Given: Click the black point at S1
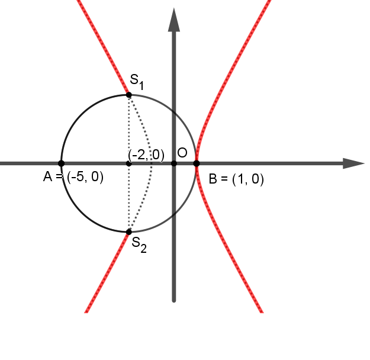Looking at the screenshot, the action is [128, 95].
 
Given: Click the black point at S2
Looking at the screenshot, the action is [128, 232].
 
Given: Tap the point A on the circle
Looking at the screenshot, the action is [61, 163].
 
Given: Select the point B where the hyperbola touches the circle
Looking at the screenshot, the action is [197, 163].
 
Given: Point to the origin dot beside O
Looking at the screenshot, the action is [173, 163].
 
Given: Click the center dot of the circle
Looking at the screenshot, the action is [128, 163].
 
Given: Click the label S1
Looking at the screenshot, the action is [137, 82].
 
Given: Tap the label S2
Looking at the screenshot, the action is [139, 245].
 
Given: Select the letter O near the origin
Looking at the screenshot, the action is [182, 153].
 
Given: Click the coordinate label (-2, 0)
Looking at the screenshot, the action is [146, 155].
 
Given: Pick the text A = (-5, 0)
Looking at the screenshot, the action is [73, 176].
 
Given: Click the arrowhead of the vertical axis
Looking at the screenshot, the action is [174, 20].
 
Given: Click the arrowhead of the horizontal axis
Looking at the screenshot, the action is [353, 163].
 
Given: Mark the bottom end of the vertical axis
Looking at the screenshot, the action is [174, 301].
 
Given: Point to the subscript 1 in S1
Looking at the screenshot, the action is [141, 85].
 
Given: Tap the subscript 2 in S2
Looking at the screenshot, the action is [143, 249].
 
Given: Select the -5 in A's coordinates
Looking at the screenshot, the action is [78, 176].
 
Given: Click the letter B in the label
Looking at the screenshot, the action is [213, 179].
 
